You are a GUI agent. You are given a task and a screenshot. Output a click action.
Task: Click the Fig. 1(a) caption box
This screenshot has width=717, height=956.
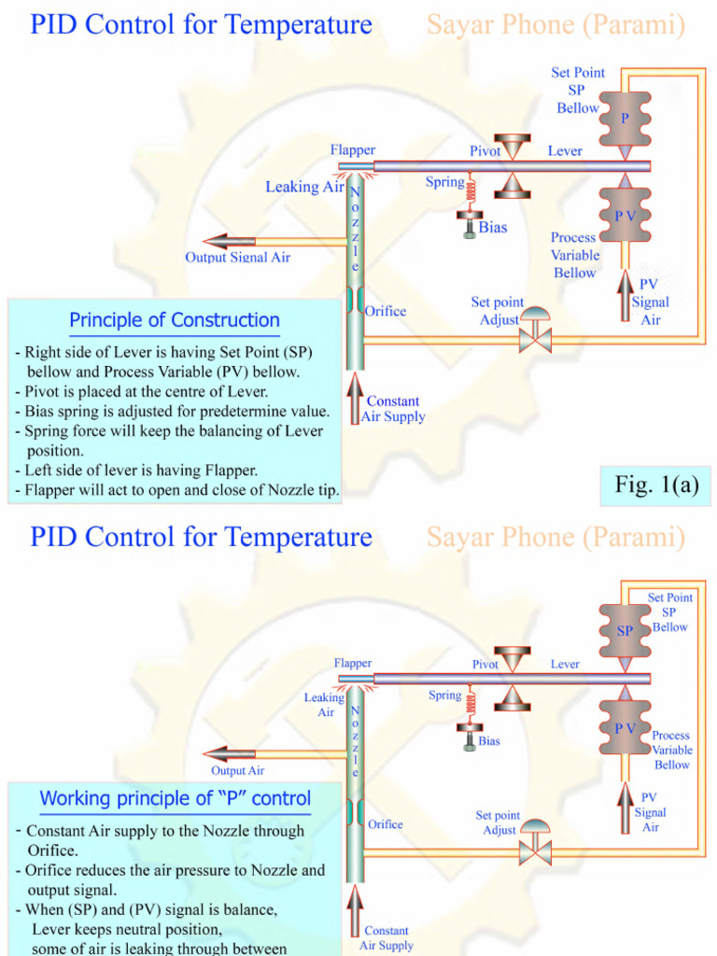pyautogui.click(x=656, y=485)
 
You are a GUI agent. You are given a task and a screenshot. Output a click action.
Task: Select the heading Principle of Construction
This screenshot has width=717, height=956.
pyautogui.click(x=175, y=320)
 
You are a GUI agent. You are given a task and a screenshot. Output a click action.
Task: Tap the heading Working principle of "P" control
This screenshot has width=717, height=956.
pyautogui.click(x=175, y=799)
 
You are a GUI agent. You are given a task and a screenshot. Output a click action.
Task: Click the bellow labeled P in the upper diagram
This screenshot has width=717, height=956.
pyautogui.click(x=625, y=119)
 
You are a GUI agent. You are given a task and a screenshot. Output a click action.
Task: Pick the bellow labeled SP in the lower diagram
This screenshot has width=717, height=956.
pyautogui.click(x=625, y=631)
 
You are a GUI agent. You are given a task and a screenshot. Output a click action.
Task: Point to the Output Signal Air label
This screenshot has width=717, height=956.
pyautogui.click(x=237, y=257)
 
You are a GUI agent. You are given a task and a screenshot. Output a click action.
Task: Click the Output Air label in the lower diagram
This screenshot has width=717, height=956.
pyautogui.click(x=237, y=770)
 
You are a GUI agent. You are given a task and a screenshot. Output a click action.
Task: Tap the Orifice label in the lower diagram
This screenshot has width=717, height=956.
pyautogui.click(x=385, y=824)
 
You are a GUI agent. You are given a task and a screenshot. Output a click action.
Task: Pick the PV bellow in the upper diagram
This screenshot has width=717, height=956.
pyautogui.click(x=625, y=215)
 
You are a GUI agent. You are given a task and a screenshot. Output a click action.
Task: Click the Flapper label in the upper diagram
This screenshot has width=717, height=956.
pyautogui.click(x=353, y=150)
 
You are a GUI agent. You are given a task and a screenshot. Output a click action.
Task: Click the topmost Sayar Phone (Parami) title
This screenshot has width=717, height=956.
pyautogui.click(x=555, y=25)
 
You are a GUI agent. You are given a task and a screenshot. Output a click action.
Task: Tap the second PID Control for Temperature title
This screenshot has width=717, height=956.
pyautogui.click(x=201, y=538)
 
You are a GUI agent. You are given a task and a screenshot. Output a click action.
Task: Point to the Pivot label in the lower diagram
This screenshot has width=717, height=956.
pyautogui.click(x=485, y=664)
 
